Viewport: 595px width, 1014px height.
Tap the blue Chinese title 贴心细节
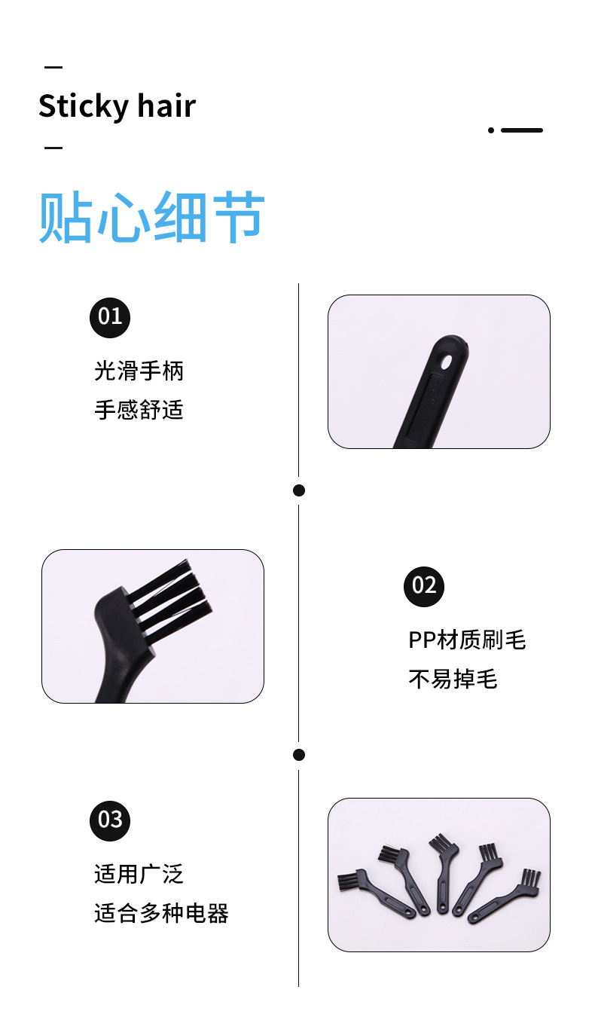tap(151, 218)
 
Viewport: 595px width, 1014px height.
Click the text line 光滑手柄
tap(139, 371)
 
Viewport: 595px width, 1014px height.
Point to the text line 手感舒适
tap(139, 410)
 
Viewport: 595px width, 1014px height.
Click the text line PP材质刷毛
tap(467, 640)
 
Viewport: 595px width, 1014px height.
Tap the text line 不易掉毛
tap(453, 680)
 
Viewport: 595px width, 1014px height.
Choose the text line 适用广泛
tap(139, 875)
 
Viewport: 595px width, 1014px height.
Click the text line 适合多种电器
tap(161, 914)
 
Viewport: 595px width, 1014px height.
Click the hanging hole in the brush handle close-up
tap(447, 362)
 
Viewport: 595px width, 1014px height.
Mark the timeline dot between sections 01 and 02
tap(299, 490)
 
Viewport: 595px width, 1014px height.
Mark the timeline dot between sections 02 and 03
tap(299, 755)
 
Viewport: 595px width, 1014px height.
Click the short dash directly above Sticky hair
tap(53, 67)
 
